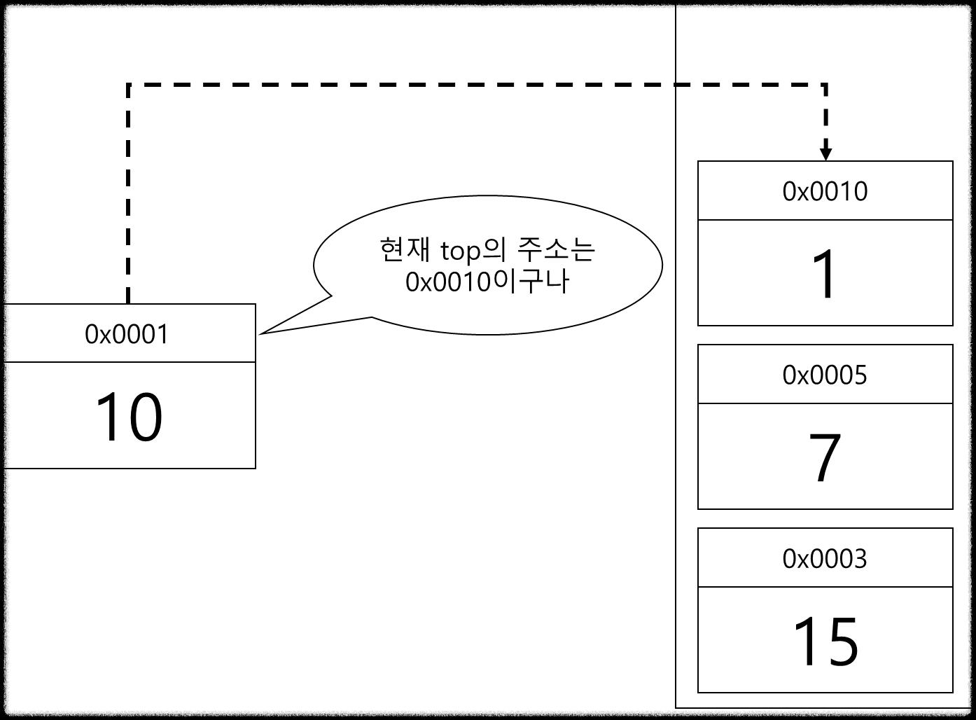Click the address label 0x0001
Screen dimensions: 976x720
tap(127, 334)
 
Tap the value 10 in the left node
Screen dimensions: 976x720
tap(129, 417)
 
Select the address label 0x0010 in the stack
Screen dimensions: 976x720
tap(825, 191)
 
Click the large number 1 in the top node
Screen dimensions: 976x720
tap(826, 275)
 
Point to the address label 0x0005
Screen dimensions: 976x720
tap(825, 375)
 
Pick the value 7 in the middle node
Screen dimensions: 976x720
tap(825, 459)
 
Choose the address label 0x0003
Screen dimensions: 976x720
tap(825, 559)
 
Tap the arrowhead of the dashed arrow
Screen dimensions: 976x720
tap(826, 154)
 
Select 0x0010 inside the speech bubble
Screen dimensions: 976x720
tap(448, 282)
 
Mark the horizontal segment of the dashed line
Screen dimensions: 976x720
tap(749, 85)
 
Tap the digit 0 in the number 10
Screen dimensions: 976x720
tap(145, 417)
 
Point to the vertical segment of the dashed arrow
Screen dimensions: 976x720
tap(826, 119)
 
